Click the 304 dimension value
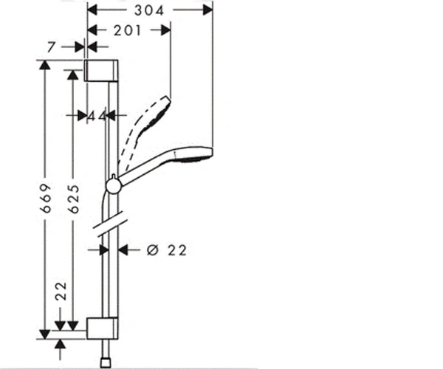coord(149,11)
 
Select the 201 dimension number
coord(127,30)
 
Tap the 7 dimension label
coord(51,47)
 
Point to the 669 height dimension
coord(46,199)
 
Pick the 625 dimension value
coord(74,199)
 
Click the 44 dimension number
coord(97,116)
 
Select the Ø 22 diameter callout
coord(167,250)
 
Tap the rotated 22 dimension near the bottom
coord(61,291)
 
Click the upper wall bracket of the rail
coord(101,71)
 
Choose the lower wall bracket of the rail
coord(103,328)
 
